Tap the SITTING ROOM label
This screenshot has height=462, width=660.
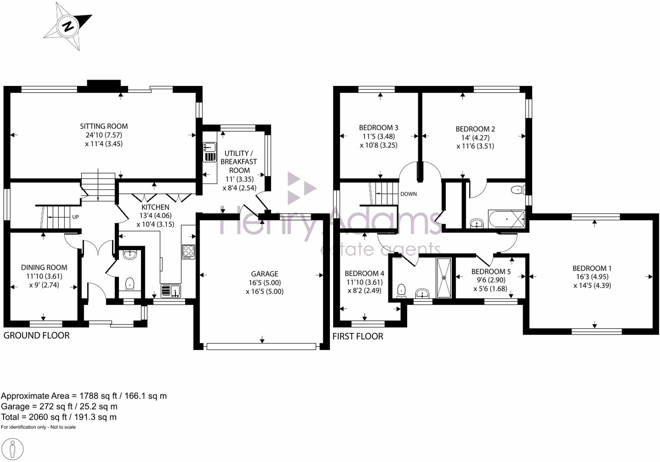[104, 126]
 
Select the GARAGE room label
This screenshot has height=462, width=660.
[264, 274]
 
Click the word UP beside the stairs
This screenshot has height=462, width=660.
[75, 217]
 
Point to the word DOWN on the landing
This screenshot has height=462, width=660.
[408, 194]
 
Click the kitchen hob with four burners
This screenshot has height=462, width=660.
[188, 252]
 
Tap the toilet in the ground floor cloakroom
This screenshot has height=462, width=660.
[130, 284]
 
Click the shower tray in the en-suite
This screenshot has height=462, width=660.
[444, 278]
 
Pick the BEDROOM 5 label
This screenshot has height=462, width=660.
[491, 271]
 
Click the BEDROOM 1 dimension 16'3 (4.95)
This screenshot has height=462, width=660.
[592, 277]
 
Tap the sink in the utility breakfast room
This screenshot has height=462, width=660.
[210, 147]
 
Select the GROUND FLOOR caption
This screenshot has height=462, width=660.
[36, 336]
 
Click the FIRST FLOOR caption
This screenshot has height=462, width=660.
[357, 336]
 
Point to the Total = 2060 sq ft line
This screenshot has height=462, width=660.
[59, 417]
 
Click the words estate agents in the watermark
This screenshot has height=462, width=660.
[380, 250]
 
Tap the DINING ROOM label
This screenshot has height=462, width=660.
[44, 268]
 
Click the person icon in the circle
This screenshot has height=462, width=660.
[13, 449]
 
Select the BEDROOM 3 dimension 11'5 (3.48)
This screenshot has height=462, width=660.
[379, 137]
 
